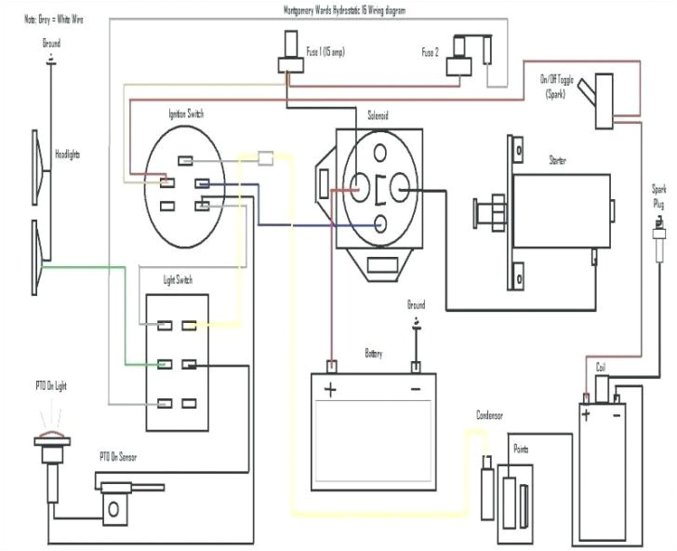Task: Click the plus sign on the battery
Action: point(328,386)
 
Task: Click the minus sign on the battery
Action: point(416,386)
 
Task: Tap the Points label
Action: point(521,448)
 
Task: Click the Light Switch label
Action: point(178,280)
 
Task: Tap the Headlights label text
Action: point(68,154)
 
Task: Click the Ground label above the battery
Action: point(416,305)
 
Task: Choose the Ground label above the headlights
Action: point(51,43)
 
